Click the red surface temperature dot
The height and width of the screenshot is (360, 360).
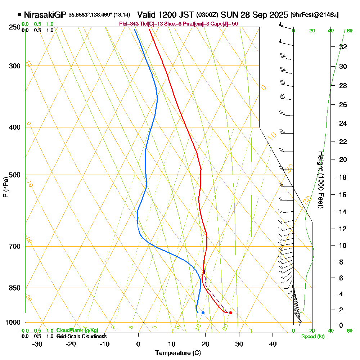[x=230, y=313]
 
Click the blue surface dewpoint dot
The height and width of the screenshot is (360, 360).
[x=203, y=313]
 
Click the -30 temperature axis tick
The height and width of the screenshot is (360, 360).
[x=37, y=344]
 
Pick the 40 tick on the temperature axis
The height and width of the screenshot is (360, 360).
[x=273, y=344]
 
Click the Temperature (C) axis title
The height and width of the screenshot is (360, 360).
[x=178, y=353]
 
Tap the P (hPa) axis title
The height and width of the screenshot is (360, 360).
[x=5, y=187]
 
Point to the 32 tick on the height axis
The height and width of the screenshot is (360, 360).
[x=343, y=47]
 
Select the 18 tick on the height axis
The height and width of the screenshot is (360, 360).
[x=343, y=177]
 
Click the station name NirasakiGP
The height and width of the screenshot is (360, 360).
[x=45, y=15]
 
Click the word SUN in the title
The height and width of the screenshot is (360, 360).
[x=229, y=15]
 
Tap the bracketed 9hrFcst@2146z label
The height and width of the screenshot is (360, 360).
[x=314, y=15]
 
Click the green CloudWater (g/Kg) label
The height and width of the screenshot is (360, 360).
[x=77, y=330]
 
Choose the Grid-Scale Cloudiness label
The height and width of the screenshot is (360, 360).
[x=81, y=336]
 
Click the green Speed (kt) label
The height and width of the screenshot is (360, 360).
[x=313, y=336]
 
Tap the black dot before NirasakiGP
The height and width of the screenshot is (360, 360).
[x=19, y=15]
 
